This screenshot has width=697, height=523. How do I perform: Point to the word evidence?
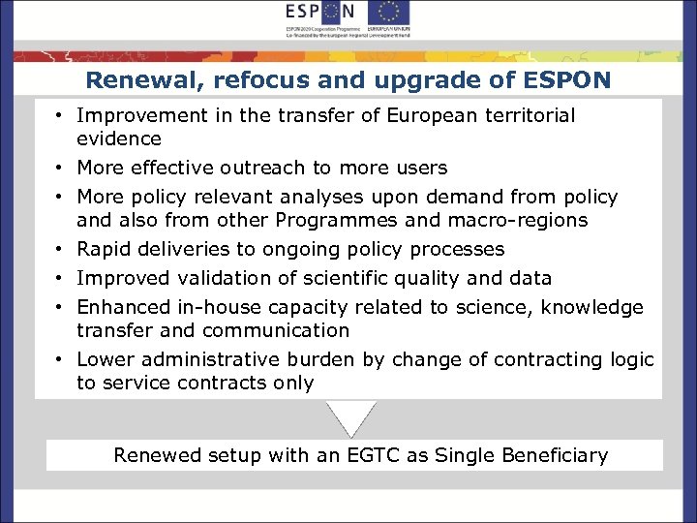[119, 139]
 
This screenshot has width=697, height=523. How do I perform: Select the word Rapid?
[105, 250]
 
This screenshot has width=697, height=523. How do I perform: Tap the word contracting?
[549, 360]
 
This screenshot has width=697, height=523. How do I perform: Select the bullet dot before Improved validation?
[60, 279]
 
